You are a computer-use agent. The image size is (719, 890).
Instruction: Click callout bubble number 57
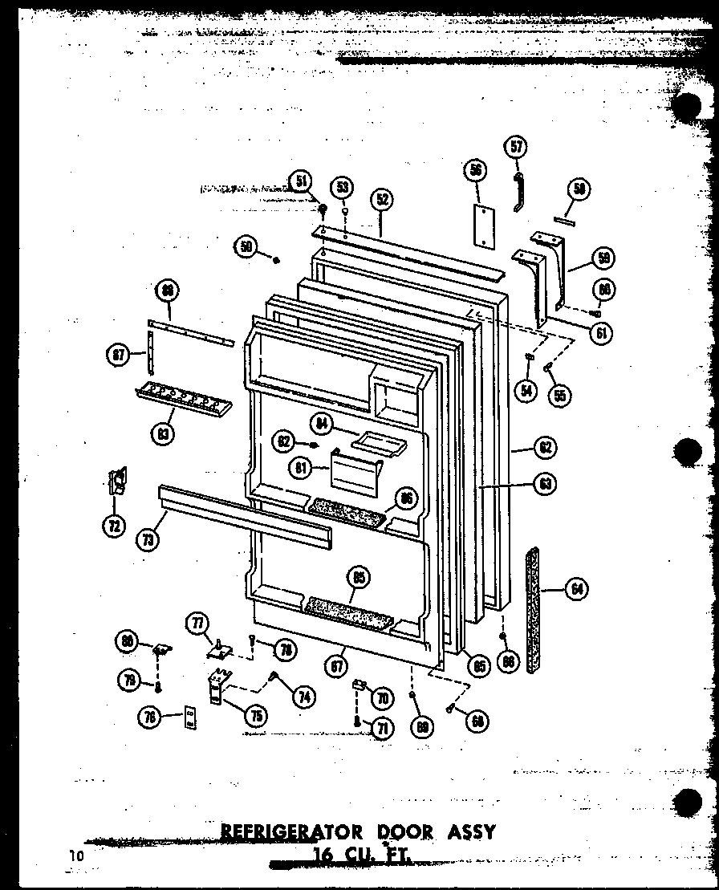(x=516, y=147)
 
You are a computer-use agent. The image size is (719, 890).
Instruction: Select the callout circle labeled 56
(x=476, y=169)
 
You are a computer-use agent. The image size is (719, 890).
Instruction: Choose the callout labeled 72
(x=114, y=526)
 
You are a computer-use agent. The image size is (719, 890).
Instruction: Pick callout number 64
(x=575, y=590)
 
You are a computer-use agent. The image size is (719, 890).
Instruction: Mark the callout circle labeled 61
(x=600, y=333)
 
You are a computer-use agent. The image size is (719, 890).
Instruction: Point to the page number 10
(x=75, y=856)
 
